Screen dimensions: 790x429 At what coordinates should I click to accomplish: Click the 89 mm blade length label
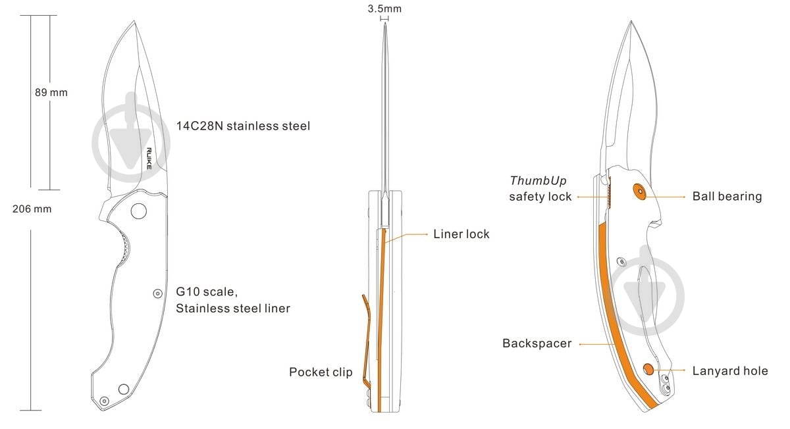(51, 92)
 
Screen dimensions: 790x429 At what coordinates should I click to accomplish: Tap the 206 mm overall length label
(32, 209)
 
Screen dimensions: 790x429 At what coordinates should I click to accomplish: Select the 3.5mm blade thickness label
(384, 9)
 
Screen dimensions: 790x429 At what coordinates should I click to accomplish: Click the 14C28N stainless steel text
(243, 126)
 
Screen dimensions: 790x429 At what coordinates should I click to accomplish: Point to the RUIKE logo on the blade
(149, 159)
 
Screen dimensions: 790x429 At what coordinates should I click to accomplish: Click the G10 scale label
(207, 291)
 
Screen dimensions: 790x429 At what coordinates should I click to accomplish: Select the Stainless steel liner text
(233, 308)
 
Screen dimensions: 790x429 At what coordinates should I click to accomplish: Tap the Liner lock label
(461, 234)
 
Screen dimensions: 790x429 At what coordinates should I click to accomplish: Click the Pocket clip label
(321, 372)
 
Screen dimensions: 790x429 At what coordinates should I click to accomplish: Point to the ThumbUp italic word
(539, 180)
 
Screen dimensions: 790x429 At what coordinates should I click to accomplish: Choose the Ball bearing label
(727, 196)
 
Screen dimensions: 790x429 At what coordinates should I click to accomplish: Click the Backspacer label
(537, 343)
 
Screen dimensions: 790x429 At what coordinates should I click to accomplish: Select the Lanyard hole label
(730, 370)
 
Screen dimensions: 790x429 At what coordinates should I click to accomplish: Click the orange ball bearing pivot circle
(640, 191)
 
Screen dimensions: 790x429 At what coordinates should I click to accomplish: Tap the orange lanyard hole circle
(648, 369)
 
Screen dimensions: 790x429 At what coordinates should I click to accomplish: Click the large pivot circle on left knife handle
(139, 211)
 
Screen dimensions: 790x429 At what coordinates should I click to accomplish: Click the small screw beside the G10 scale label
(157, 293)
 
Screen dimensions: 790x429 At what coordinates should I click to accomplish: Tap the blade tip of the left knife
(134, 21)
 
